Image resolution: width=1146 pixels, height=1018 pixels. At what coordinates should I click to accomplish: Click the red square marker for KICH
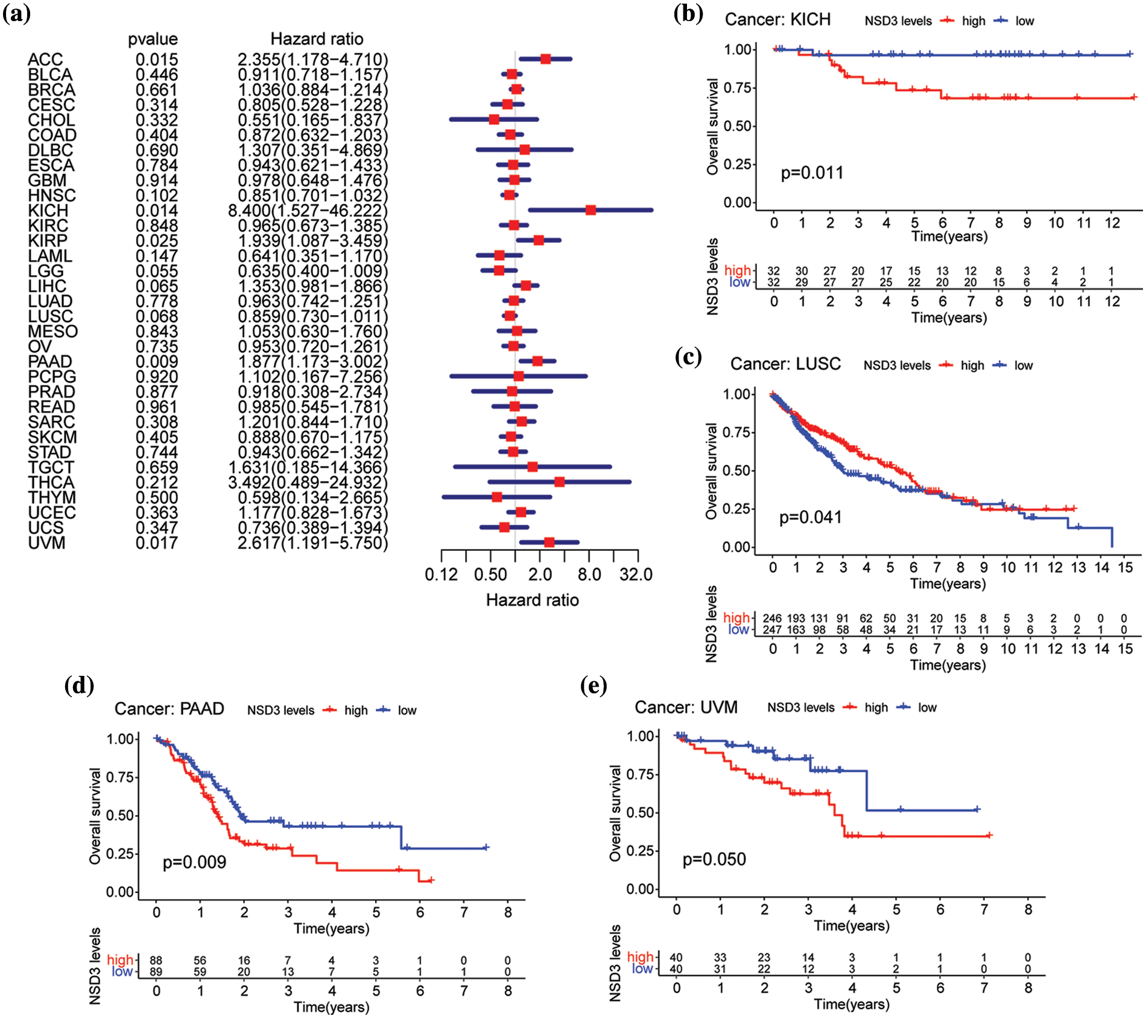(x=590, y=210)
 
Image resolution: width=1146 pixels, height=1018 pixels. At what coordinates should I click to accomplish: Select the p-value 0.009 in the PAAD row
(x=156, y=361)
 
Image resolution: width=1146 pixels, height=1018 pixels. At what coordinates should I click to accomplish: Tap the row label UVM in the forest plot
(x=46, y=543)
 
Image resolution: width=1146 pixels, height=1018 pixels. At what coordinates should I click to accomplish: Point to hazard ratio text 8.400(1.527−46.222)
(x=308, y=211)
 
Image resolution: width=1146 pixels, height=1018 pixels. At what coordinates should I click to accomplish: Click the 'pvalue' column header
(x=153, y=39)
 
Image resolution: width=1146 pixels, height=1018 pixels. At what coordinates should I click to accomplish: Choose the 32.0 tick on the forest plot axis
(x=636, y=574)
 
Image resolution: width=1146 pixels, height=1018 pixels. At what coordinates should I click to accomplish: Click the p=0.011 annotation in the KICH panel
(x=812, y=173)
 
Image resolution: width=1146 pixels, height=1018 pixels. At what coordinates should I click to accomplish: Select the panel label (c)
(x=688, y=357)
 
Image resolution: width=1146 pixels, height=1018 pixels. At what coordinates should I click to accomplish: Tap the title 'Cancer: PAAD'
(x=169, y=708)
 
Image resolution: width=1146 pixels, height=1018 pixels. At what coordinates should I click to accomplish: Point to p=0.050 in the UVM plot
(x=714, y=859)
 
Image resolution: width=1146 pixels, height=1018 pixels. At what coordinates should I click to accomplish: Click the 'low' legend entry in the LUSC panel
(x=1023, y=366)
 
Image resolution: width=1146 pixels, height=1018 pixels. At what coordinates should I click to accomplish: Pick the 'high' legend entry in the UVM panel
(x=876, y=708)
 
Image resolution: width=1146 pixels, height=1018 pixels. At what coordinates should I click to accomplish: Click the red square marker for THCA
(x=559, y=482)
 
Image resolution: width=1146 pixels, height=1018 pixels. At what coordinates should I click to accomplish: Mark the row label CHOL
(x=51, y=120)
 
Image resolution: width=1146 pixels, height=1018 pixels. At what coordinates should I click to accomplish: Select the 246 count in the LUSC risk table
(x=772, y=619)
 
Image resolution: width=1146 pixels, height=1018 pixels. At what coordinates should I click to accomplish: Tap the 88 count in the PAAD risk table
(x=156, y=961)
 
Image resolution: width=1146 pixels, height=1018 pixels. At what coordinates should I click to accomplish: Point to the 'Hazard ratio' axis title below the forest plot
(x=532, y=600)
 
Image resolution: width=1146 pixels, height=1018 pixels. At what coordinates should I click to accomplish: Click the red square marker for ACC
(x=545, y=59)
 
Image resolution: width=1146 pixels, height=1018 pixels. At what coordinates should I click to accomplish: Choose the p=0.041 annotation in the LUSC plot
(x=810, y=518)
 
